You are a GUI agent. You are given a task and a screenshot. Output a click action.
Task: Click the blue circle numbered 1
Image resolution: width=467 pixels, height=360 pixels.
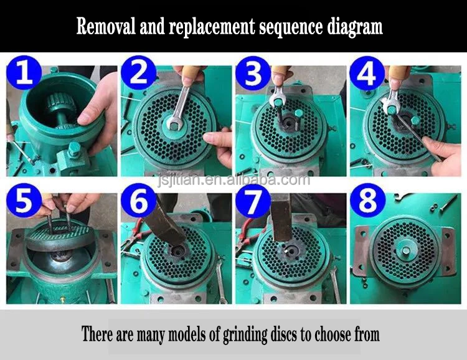(x=24, y=72)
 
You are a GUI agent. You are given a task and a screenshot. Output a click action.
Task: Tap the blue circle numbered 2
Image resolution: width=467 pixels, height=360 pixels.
(x=138, y=72)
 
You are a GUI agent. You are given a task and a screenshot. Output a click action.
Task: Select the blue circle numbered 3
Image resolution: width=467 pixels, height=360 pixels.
(x=253, y=72)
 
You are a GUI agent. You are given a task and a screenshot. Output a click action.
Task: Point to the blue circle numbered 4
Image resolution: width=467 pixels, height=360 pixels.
(x=367, y=72)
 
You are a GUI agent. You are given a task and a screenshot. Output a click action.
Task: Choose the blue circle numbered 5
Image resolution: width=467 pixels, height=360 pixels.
(x=24, y=201)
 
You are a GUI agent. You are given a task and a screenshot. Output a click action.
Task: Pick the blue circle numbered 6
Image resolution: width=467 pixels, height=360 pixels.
(x=138, y=201)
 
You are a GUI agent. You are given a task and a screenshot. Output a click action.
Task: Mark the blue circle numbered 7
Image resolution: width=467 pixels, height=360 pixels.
(x=253, y=201)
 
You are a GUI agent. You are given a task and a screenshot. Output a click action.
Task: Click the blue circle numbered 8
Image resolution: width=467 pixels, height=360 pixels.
(x=367, y=201)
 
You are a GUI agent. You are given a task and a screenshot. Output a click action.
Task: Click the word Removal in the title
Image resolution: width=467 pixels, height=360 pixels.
(x=106, y=26)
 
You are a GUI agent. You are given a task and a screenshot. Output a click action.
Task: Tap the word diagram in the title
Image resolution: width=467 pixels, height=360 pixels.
(x=355, y=27)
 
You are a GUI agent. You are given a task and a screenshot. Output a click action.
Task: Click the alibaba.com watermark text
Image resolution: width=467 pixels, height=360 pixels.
(x=233, y=180)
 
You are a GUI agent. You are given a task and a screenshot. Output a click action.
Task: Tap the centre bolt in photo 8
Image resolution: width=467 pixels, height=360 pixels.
(x=405, y=250)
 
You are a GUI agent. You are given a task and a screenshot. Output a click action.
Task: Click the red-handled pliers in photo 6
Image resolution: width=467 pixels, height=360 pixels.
(x=134, y=235)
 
